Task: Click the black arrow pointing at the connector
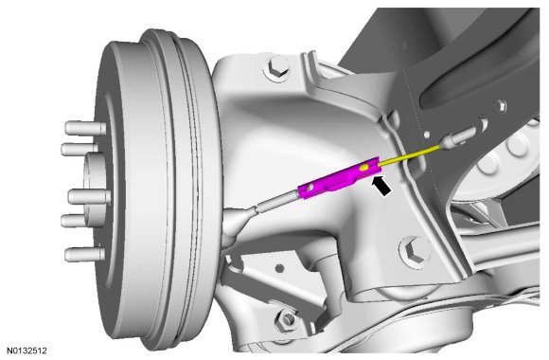pyautogui.click(x=381, y=186)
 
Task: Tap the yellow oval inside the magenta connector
pyautogui.click(x=364, y=168)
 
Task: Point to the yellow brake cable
pyautogui.click(x=409, y=154)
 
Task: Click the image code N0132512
pyautogui.click(x=27, y=351)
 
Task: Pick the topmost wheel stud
pyautogui.click(x=85, y=128)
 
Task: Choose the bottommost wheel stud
pyautogui.click(x=84, y=255)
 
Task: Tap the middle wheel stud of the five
pyautogui.click(x=89, y=196)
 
